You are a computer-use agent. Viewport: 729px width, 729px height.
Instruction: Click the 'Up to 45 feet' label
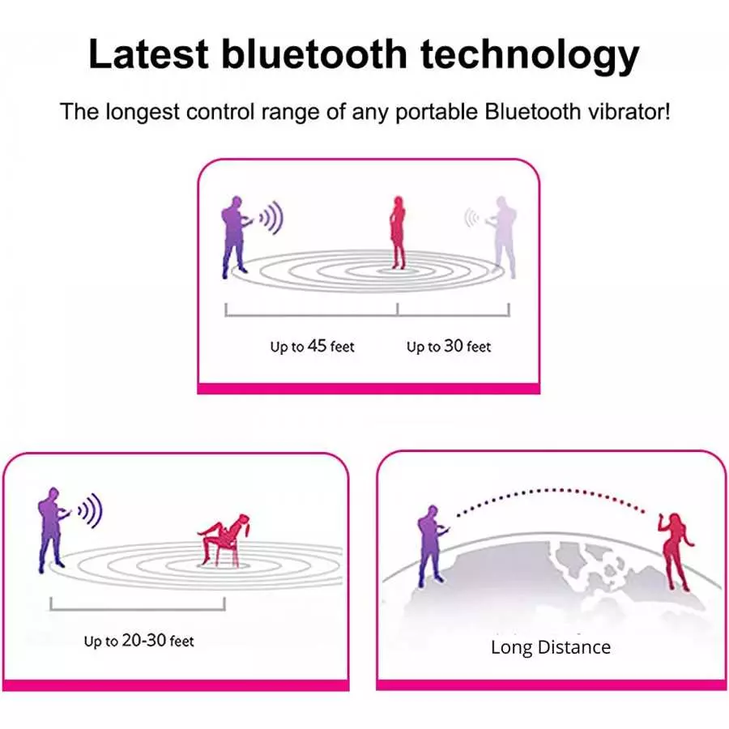point(312,347)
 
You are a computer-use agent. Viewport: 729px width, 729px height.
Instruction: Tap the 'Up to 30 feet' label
point(448,347)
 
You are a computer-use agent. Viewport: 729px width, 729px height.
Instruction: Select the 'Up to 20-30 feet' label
point(139,641)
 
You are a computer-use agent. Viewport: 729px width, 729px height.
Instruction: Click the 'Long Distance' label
point(550,647)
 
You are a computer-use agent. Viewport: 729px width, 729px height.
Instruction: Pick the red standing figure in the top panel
point(397,232)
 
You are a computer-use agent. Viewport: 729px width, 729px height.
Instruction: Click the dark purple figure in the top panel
point(235,235)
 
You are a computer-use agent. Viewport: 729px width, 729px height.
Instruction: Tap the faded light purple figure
point(504,235)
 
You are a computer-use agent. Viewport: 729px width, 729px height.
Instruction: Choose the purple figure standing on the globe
point(429,547)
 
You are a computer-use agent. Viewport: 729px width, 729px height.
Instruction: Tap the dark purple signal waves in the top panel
point(271,217)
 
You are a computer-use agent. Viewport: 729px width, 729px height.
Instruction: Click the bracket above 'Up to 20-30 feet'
point(137,604)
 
